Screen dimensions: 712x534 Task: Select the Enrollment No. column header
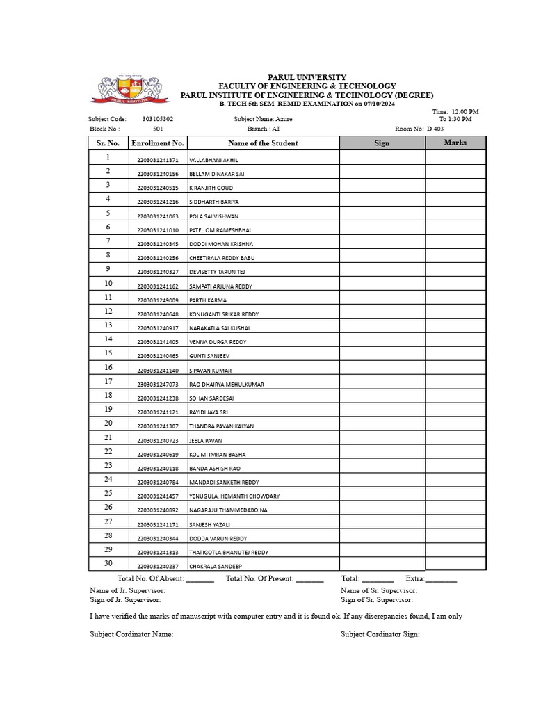pos(158,143)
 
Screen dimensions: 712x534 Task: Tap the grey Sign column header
pos(382,143)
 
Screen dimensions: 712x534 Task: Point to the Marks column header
pos(455,143)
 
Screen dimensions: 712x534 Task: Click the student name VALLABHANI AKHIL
pos(213,160)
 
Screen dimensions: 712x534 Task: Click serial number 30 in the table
pos(108,563)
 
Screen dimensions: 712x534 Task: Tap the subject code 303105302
pos(158,119)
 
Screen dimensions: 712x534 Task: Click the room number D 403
pos(435,129)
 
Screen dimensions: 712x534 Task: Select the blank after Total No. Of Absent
pos(200,579)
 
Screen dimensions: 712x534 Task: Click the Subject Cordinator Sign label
pos(380,634)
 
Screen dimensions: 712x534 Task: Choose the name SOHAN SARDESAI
pos(212,398)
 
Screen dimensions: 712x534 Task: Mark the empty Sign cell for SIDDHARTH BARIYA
pos(382,200)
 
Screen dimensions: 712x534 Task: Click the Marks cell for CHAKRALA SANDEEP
pos(455,565)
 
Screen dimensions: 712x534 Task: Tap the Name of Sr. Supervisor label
pos(378,590)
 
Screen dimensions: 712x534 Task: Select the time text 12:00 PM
pos(465,111)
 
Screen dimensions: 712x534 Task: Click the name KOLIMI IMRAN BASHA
pos(218,455)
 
